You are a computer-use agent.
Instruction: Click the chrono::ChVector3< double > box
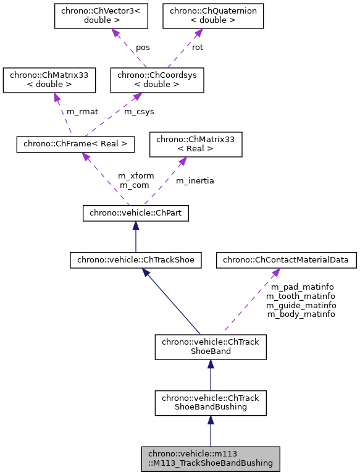click(101, 17)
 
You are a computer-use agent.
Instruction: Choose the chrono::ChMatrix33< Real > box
click(196, 144)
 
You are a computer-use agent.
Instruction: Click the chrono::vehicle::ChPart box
click(135, 213)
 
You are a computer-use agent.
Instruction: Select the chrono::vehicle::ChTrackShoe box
click(136, 260)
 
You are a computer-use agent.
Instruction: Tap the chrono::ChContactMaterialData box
click(286, 260)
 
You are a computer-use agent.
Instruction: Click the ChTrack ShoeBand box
click(211, 347)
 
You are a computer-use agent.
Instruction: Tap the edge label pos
click(143, 47)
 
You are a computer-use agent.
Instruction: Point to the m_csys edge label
click(140, 112)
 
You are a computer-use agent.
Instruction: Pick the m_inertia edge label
click(195, 180)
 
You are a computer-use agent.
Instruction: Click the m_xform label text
click(136, 175)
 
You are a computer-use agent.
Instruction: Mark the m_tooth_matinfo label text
click(301, 296)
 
